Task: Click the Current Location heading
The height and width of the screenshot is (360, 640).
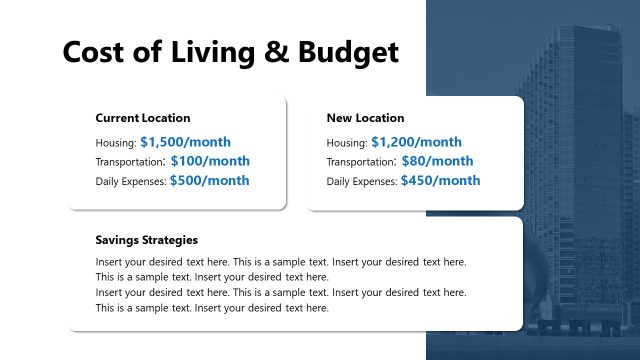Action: coord(143,118)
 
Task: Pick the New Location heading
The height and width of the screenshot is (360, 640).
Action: coord(366,118)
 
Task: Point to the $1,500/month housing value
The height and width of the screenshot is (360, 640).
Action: coord(186,142)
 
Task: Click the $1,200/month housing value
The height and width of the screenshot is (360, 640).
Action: coord(416,142)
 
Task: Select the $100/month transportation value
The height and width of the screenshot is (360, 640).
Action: coord(210,161)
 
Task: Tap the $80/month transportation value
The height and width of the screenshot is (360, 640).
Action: coord(437,161)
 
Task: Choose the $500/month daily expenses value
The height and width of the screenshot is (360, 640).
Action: coord(209,181)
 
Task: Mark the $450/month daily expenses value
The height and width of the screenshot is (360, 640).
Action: coord(440,181)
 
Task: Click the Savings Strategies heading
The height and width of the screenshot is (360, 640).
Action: coord(147,240)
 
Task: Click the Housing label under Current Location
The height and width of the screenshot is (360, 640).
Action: coord(115,143)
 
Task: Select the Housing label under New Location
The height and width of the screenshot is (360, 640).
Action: coord(346,143)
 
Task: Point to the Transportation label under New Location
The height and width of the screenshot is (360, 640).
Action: coord(361,162)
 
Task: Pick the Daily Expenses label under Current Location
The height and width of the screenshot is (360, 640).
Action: coord(130,182)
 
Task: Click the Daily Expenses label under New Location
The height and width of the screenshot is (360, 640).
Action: coord(361,182)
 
